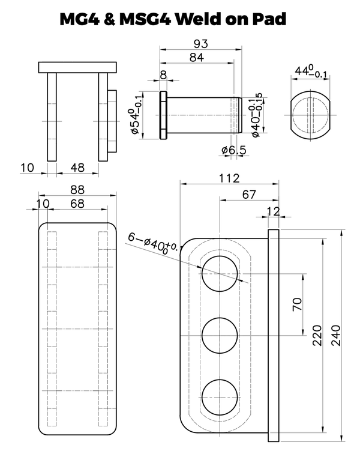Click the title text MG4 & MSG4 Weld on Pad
pyautogui.click(x=173, y=19)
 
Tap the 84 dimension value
pyautogui.click(x=197, y=58)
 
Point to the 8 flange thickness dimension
pyautogui.click(x=163, y=74)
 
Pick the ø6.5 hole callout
pyautogui.click(x=233, y=150)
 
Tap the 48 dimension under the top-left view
pyautogui.click(x=77, y=168)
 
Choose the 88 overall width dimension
pyautogui.click(x=77, y=190)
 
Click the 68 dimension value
pyautogui.click(x=77, y=204)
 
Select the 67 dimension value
pyautogui.click(x=249, y=193)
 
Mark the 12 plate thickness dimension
pyautogui.click(x=273, y=210)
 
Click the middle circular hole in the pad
pyautogui.click(x=220, y=334)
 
